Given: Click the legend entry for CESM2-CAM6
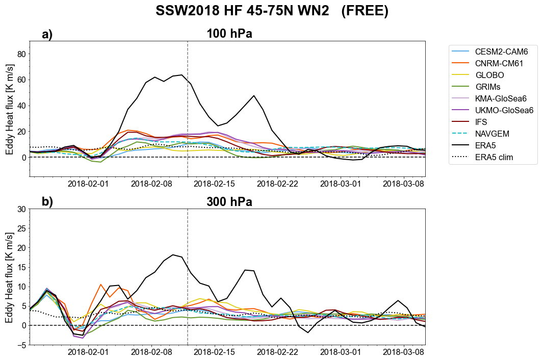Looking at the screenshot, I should [500, 52].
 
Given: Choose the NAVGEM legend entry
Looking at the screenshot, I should [493, 134].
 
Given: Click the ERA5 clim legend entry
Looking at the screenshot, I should [494, 158].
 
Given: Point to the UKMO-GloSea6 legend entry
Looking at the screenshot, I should [504, 111].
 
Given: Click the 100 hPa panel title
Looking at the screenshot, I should [229, 34].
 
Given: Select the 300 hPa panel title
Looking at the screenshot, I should [229, 202].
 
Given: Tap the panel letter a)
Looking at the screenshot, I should [47, 35].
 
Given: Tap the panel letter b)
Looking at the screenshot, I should [47, 202].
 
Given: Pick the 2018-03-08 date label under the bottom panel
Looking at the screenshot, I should [403, 352].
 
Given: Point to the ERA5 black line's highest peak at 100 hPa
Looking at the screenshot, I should [182, 75].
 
